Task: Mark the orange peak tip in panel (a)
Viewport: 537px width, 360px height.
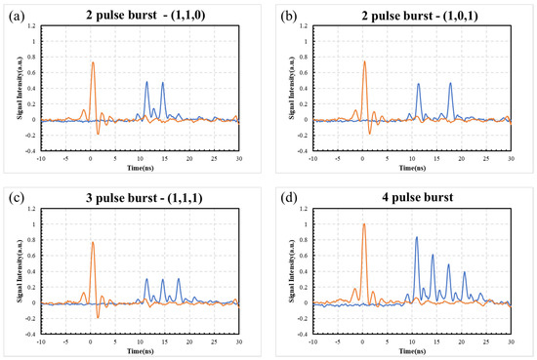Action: [93, 62]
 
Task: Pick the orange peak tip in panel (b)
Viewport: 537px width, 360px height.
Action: [363, 62]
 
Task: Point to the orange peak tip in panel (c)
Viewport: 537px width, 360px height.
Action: [92, 242]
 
